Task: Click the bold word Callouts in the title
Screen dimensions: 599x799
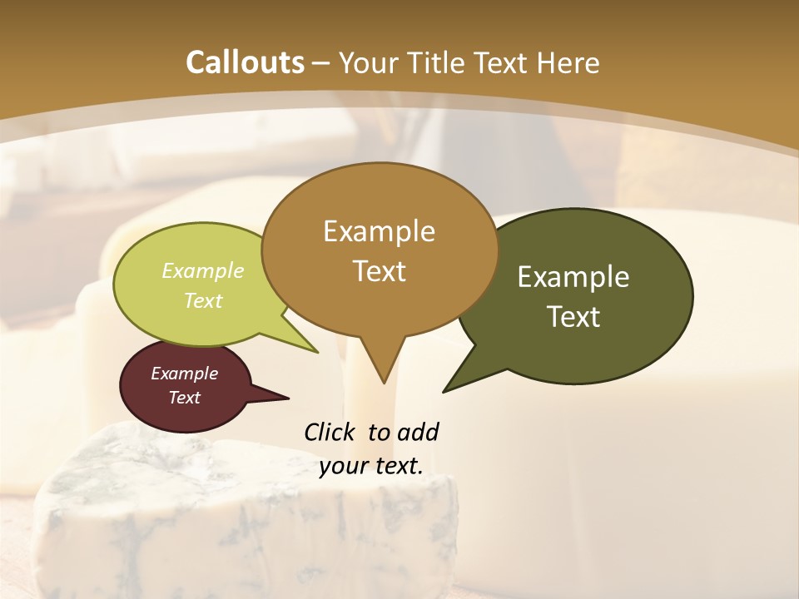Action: (245, 62)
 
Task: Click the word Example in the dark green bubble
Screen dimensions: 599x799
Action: (573, 277)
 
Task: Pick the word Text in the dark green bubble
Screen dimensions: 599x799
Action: (573, 317)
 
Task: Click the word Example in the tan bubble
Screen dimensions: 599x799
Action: (379, 231)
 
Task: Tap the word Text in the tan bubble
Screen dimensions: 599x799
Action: (379, 271)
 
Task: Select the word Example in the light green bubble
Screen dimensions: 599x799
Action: (203, 270)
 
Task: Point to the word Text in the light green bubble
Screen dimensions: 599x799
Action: (203, 300)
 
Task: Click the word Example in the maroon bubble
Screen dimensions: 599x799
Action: (185, 374)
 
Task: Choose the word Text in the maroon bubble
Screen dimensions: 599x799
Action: (185, 398)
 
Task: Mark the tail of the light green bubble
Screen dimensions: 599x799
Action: (311, 349)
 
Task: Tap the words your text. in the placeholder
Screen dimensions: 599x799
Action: (371, 466)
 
